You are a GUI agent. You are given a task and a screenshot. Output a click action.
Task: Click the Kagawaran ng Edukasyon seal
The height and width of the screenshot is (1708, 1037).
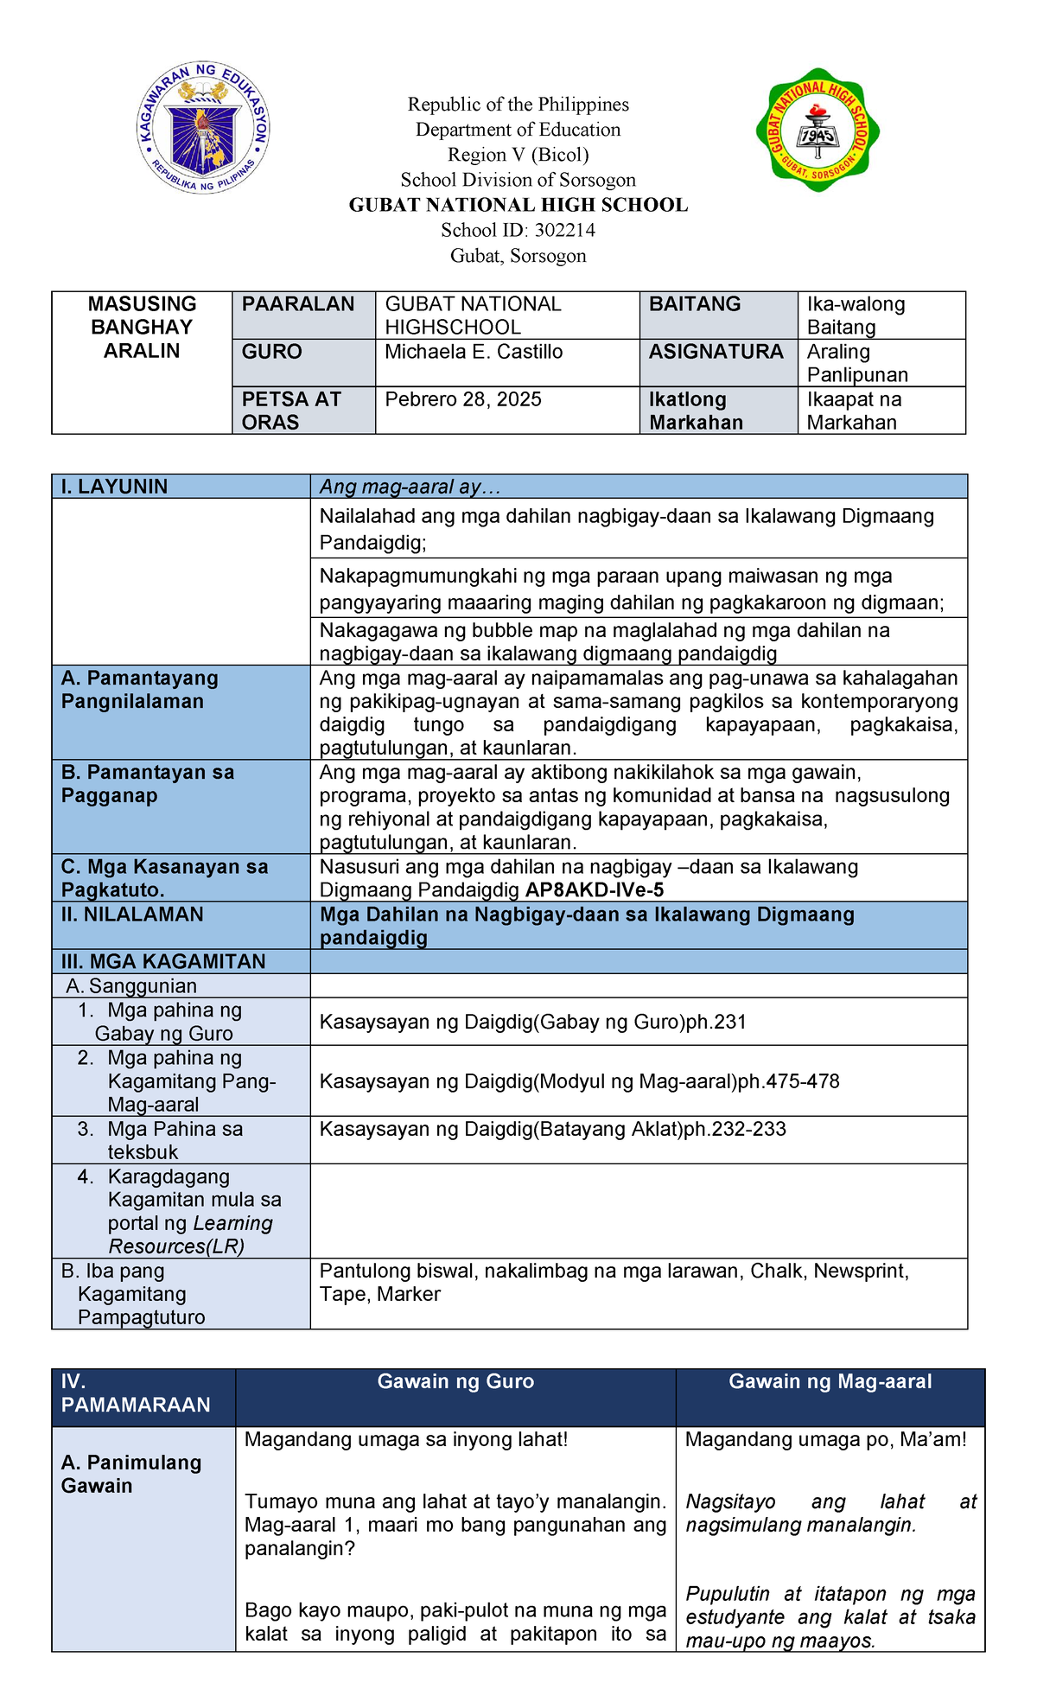[x=203, y=128]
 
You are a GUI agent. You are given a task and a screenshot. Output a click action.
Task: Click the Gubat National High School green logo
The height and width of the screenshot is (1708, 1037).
[x=818, y=131]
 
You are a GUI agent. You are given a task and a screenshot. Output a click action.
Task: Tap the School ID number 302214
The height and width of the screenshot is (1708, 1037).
[x=564, y=230]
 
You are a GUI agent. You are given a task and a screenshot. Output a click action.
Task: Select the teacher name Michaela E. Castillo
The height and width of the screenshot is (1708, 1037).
[x=474, y=352]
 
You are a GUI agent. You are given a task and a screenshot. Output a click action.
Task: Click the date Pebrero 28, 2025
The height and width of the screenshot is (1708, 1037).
[x=463, y=399]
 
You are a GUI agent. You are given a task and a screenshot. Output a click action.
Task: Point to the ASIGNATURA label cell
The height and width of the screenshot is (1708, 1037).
[x=716, y=352]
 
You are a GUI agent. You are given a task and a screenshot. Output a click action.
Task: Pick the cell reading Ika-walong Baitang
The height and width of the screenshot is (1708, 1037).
[x=856, y=315]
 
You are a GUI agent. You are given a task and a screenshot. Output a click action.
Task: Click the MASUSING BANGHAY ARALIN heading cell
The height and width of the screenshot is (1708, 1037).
[x=142, y=328]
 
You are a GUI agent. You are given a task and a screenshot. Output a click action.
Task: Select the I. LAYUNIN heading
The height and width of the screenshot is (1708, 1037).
[x=114, y=487]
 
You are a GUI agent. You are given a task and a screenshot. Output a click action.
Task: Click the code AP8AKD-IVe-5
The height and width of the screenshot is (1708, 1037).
[x=595, y=890]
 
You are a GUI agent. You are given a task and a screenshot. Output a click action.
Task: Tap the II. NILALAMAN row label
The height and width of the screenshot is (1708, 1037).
[x=132, y=915]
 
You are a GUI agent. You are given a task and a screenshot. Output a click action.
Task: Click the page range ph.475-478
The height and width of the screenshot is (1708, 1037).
[x=788, y=1081]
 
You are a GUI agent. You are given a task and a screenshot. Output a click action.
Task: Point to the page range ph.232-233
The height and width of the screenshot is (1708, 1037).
[x=735, y=1129]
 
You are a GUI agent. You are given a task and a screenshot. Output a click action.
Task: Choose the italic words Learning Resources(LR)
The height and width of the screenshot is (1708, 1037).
[x=191, y=1235]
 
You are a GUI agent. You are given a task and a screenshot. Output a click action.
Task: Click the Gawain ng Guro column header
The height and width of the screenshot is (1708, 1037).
[x=455, y=1381]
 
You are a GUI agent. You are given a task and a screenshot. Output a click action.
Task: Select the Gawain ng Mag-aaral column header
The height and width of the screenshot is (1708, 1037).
[x=830, y=1381]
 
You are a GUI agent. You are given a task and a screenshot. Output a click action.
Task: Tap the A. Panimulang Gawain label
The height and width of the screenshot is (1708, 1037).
[x=131, y=1474]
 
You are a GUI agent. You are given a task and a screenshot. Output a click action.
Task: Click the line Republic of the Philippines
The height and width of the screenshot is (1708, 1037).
[x=518, y=105]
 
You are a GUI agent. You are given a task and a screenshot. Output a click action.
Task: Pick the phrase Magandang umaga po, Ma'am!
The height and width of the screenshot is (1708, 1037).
[x=825, y=1439]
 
